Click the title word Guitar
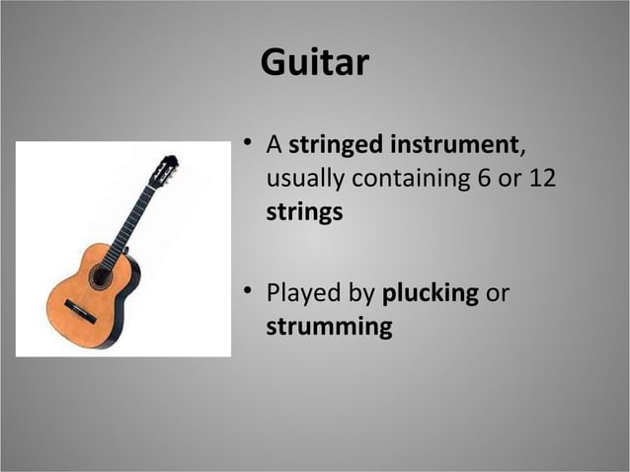pyautogui.click(x=314, y=63)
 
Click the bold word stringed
pyautogui.click(x=336, y=146)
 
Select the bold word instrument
pyautogui.click(x=453, y=146)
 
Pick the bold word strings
pyautogui.click(x=304, y=212)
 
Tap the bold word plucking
pyautogui.click(x=430, y=294)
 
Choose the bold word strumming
pyautogui.click(x=329, y=327)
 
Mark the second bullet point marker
pyautogui.click(x=250, y=293)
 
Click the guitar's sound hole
pyautogui.click(x=101, y=276)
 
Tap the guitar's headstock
pyautogui.click(x=164, y=170)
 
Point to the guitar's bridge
pyautogui.click(x=80, y=311)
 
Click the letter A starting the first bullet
pyautogui.click(x=276, y=146)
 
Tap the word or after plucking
pyautogui.click(x=498, y=294)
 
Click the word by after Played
pyautogui.click(x=358, y=294)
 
